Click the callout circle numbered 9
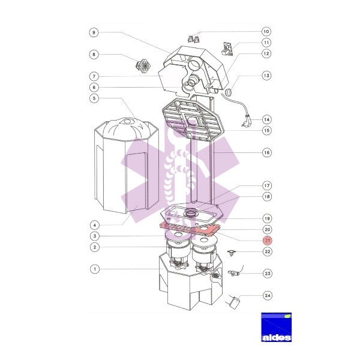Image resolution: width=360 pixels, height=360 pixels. click(x=94, y=32)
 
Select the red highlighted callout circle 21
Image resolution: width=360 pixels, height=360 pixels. click(x=267, y=241)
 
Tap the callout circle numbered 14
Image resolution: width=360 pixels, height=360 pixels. click(x=267, y=119)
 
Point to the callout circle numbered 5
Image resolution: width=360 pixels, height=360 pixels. click(x=94, y=98)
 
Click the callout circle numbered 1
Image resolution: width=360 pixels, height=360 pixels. click(x=95, y=269)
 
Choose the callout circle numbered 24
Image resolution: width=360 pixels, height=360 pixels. click(x=268, y=295)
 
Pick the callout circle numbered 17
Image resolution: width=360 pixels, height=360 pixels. click(x=267, y=185)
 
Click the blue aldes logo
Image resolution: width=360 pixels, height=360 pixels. click(x=277, y=327)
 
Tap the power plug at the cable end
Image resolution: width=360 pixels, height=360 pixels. click(x=246, y=120)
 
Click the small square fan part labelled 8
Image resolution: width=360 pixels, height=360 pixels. click(x=143, y=65)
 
